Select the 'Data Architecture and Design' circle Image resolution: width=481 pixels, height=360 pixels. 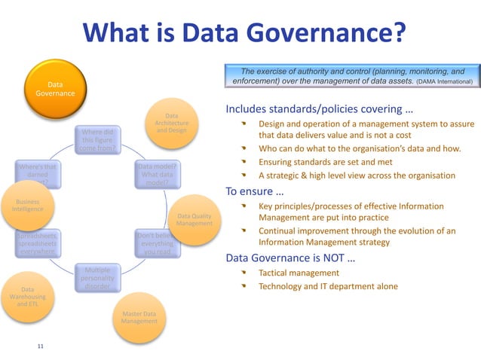pyautogui.click(x=171, y=124)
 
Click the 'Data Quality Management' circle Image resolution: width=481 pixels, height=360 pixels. pyautogui.click(x=194, y=218)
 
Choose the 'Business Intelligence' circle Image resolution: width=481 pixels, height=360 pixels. pyautogui.click(x=27, y=204)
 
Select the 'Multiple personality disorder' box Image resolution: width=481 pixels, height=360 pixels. pyautogui.click(x=99, y=278)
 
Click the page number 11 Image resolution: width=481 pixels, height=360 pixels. pyautogui.click(x=40, y=346)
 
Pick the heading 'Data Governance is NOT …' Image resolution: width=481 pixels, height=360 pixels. pyautogui.click(x=291, y=258)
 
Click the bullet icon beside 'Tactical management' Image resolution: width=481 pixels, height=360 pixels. pyautogui.click(x=244, y=273)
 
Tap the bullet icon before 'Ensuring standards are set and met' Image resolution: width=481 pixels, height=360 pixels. pyautogui.click(x=244, y=162)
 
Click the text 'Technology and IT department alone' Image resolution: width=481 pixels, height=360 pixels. pyautogui.click(x=328, y=286)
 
